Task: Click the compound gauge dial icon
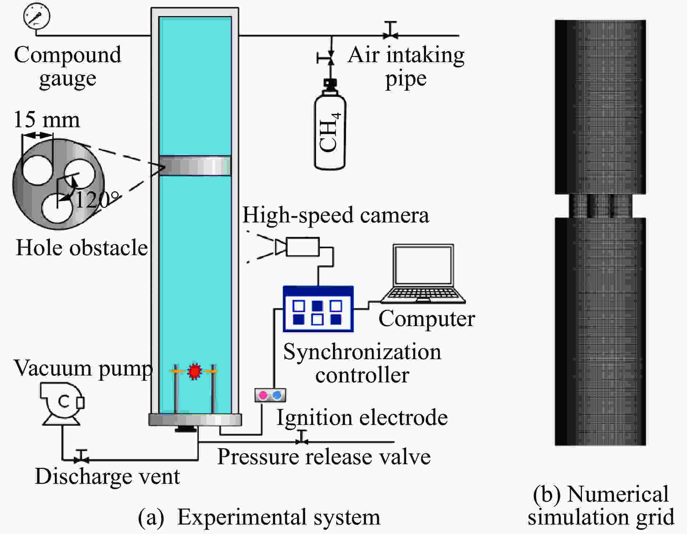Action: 37,16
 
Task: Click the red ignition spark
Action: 194,372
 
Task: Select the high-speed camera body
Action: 303,247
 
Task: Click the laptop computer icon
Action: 423,274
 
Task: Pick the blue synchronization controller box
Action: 318,309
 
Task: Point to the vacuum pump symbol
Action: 62,403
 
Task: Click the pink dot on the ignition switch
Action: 263,395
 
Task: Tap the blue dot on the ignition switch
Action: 277,395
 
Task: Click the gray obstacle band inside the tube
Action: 195,166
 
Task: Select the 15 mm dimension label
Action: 47,120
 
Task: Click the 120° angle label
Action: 97,200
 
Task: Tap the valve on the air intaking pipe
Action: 391,31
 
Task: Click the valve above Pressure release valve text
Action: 302,437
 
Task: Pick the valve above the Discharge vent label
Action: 82,456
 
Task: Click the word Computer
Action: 426,319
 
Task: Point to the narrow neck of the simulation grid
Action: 600,206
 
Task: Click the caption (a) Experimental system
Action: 259,517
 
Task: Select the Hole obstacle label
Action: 82,248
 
